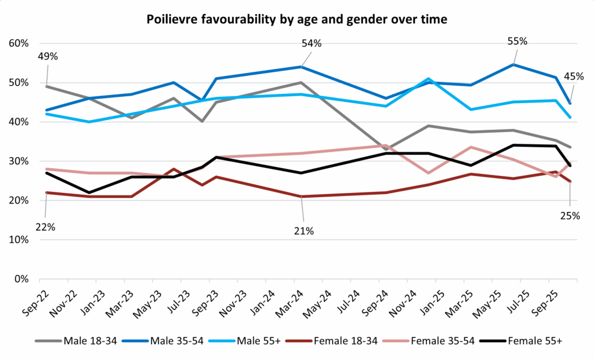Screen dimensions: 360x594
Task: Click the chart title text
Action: [297, 19]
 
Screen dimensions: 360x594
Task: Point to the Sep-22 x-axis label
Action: [36, 301]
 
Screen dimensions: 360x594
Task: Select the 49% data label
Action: [48, 57]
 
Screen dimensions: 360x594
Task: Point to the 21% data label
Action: [303, 231]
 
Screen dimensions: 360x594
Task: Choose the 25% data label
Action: [570, 216]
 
